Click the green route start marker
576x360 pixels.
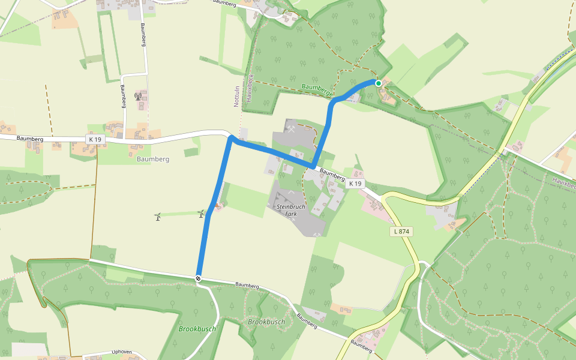(379, 83)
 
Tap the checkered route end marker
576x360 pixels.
(198, 278)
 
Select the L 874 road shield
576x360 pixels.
(401, 232)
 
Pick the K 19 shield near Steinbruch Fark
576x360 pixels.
(356, 184)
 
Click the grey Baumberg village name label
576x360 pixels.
(153, 160)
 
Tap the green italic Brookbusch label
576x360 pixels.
(197, 329)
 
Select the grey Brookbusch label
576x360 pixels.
(266, 322)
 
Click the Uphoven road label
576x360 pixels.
(121, 352)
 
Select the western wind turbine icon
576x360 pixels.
(158, 217)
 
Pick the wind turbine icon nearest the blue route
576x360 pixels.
(202, 213)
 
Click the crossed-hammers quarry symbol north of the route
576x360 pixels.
(290, 128)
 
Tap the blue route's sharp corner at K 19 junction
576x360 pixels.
(231, 140)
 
